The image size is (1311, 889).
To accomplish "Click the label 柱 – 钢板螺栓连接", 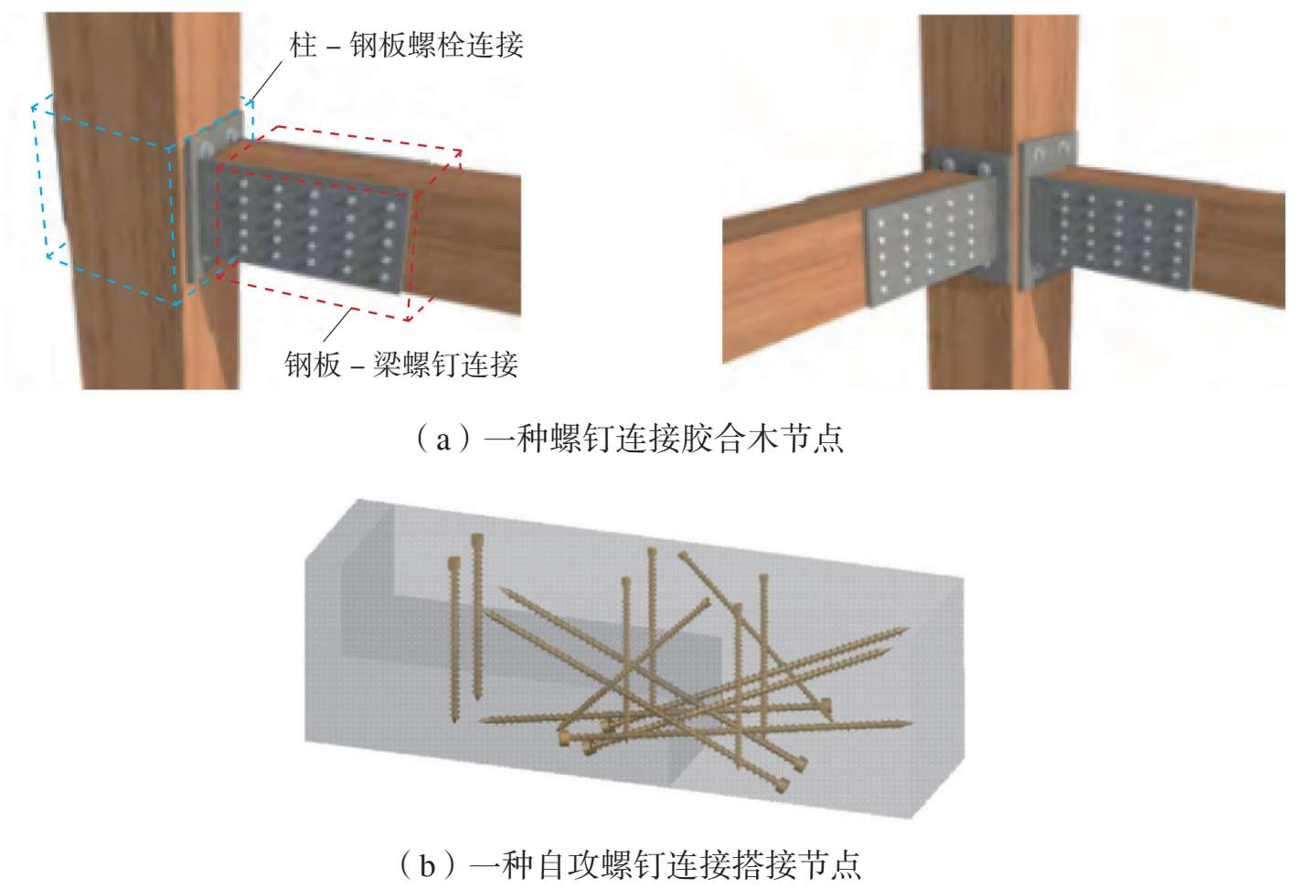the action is pyautogui.click(x=406, y=45).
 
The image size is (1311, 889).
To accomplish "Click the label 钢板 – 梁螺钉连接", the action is pyautogui.click(x=401, y=365).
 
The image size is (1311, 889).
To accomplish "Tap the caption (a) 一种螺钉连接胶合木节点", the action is pyautogui.click(x=629, y=438).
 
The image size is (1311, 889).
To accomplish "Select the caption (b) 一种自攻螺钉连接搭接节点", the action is pyautogui.click(x=629, y=865).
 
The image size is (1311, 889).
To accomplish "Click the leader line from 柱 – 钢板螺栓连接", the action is pyautogui.click(x=266, y=81).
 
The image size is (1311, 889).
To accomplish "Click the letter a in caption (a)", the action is pyautogui.click(x=442, y=440).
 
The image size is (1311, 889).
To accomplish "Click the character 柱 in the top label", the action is pyautogui.click(x=304, y=45).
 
